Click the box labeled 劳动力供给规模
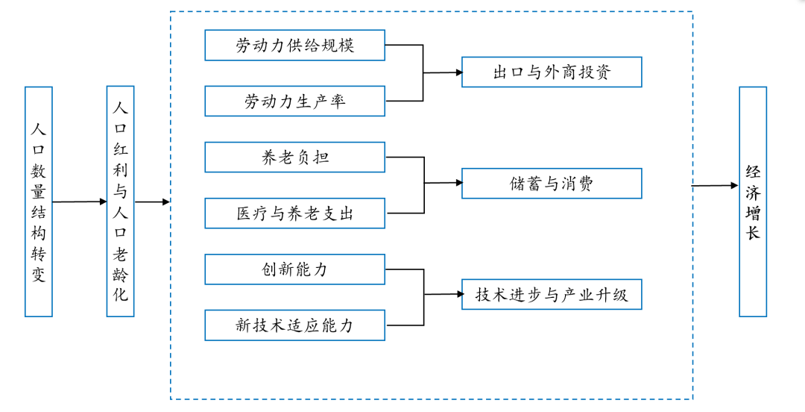point(294,46)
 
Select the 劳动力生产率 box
point(294,102)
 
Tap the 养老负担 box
point(294,157)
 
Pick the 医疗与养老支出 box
point(294,213)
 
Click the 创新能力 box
point(294,269)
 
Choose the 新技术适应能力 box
point(294,325)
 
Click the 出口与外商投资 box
point(552,72)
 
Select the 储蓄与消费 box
point(552,183)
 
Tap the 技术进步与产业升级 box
point(552,294)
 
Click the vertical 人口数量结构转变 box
point(39,202)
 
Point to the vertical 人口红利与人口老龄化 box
point(120,202)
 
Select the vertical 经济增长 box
point(753,202)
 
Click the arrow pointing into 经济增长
point(716,186)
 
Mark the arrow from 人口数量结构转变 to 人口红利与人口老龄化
point(80,202)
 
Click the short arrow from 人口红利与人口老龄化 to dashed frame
point(152,202)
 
